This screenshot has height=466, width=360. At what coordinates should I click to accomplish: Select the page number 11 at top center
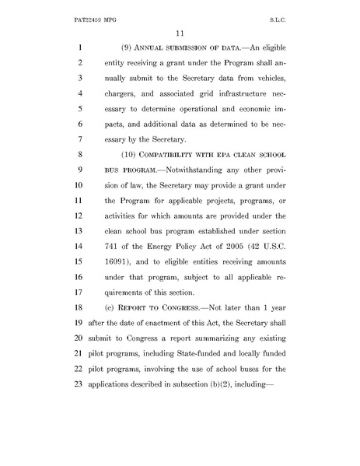point(180,32)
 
